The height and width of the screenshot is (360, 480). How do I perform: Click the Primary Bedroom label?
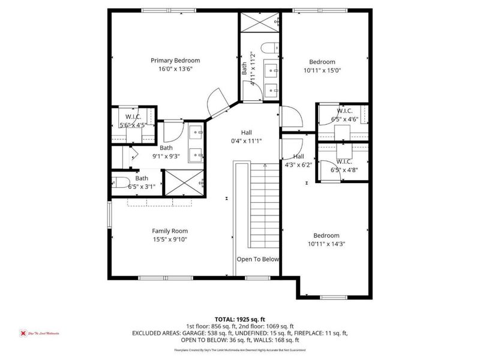175,61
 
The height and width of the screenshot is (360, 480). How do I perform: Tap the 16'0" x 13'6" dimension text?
175,69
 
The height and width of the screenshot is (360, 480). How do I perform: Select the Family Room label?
170,231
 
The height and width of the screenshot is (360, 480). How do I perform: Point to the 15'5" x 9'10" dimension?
170,239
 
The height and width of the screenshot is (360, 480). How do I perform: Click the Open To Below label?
258,259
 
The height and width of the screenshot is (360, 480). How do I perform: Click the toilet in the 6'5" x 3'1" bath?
119,182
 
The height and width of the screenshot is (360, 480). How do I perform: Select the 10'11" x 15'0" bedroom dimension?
322,70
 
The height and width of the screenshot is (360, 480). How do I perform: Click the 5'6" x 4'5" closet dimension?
133,125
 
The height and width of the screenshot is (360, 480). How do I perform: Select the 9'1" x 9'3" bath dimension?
166,157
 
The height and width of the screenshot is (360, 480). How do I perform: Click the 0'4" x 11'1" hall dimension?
247,141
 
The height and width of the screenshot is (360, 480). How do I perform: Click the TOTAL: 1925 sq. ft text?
240,319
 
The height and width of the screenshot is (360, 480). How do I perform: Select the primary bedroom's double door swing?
217,103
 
